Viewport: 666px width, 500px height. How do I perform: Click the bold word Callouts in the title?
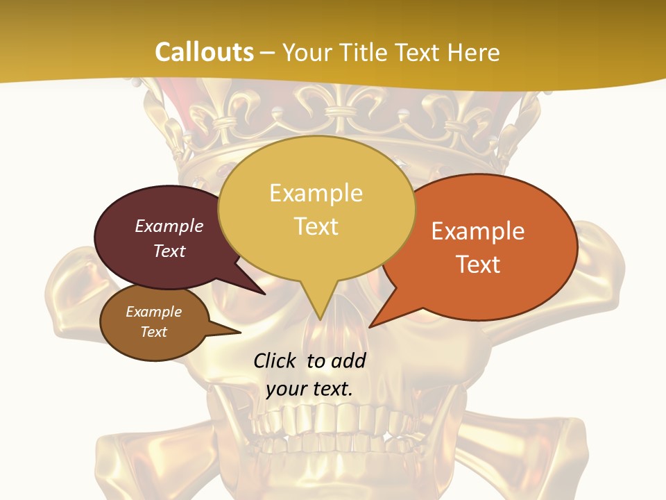coord(204,53)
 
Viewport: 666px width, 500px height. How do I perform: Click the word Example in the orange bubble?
coord(478,231)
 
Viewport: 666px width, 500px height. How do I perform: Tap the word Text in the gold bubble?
coord(316,226)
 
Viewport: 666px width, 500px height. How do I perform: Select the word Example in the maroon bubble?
coord(169,226)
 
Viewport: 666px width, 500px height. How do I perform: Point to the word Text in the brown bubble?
coord(154,332)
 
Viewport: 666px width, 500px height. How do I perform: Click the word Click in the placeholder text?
coord(276,360)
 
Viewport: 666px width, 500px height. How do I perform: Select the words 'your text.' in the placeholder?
coord(309,389)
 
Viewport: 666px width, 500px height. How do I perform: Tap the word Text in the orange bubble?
coord(478,265)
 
